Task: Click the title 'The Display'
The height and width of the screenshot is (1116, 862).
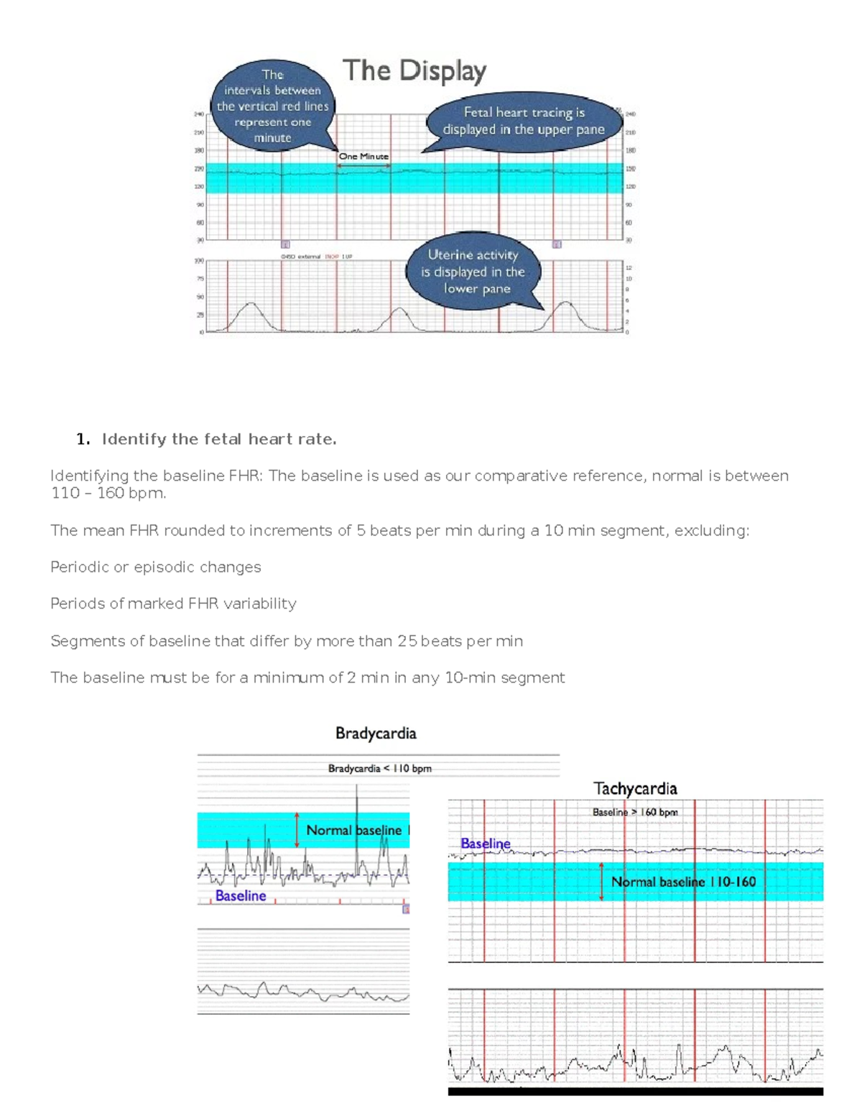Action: pos(414,71)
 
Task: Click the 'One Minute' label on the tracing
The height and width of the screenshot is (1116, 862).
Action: pos(363,156)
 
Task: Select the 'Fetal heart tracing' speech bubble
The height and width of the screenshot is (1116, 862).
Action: pos(524,121)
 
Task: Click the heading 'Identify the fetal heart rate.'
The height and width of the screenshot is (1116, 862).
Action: pos(219,439)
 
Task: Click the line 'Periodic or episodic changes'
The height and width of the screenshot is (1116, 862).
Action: pos(156,567)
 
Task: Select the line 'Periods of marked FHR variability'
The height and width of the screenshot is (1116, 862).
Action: pos(173,604)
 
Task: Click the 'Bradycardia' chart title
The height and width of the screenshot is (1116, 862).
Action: pos(376,733)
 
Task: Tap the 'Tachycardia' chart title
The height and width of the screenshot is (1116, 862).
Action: pos(635,788)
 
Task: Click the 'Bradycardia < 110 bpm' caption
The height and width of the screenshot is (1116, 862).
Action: pos(379,768)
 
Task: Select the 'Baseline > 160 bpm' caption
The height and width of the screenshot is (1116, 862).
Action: pos(635,812)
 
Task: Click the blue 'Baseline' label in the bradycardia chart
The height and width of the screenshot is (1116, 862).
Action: pos(241,896)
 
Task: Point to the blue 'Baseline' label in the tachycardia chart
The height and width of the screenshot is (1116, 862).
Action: pos(486,844)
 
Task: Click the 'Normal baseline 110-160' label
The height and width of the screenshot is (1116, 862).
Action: pos(683,882)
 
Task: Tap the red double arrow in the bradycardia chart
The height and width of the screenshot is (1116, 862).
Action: pos(297,830)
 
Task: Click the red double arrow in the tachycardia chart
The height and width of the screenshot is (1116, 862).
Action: pos(601,882)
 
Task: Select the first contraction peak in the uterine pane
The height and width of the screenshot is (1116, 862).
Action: pos(250,306)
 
